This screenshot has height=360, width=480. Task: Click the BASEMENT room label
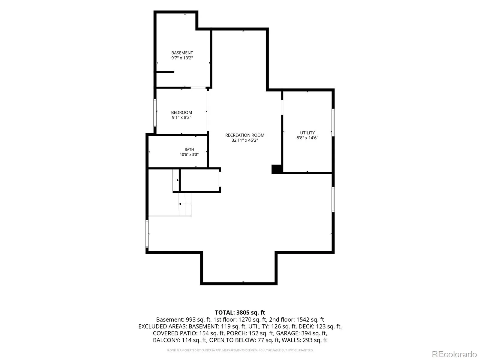point(182,53)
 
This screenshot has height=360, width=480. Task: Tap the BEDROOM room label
point(181,112)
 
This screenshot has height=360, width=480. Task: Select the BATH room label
point(189,149)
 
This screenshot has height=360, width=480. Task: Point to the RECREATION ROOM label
point(245,135)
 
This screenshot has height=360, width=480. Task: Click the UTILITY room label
point(307,133)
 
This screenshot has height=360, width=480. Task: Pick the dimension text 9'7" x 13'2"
point(182,58)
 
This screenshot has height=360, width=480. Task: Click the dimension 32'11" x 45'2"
point(245,140)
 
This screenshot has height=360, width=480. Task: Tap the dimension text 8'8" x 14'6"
point(307,138)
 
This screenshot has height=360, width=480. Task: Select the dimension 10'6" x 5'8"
point(189,154)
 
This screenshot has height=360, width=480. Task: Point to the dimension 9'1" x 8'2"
point(181,118)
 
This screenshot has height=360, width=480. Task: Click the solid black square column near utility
point(276,169)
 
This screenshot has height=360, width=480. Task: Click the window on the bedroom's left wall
point(155,112)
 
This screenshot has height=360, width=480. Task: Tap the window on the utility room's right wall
point(333,123)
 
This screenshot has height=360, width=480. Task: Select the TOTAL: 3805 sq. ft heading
point(240,313)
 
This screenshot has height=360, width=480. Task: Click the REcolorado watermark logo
point(454,354)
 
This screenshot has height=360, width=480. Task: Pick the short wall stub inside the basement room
point(165,72)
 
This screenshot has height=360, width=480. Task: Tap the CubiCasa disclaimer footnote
point(240,350)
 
